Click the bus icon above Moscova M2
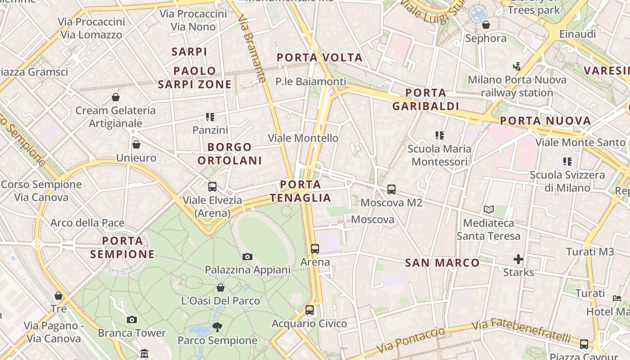pyautogui.click(x=391, y=189)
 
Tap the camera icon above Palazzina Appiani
pyautogui.click(x=247, y=257)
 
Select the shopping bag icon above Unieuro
pyautogui.click(x=136, y=144)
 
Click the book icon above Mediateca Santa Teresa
pyautogui.click(x=489, y=209)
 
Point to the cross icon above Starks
pyautogui.click(x=518, y=259)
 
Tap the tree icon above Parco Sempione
pyautogui.click(x=217, y=327)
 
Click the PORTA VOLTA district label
pyautogui.click(x=319, y=58)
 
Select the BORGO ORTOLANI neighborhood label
pyautogui.click(x=229, y=154)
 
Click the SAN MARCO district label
pyautogui.click(x=442, y=263)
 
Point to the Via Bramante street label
pyautogui.click(x=251, y=49)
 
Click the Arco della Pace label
pyautogui.click(x=87, y=223)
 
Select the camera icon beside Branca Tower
pyautogui.click(x=131, y=320)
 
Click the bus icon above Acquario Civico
pyautogui.click(x=309, y=310)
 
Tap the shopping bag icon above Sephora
pyautogui.click(x=486, y=25)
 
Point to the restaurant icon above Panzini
pyautogui.click(x=210, y=117)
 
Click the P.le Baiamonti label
pyautogui.click(x=311, y=81)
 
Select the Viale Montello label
pyautogui.click(x=303, y=138)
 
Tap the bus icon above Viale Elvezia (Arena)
pyautogui.click(x=212, y=187)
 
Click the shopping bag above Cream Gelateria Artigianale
pyautogui.click(x=116, y=97)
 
